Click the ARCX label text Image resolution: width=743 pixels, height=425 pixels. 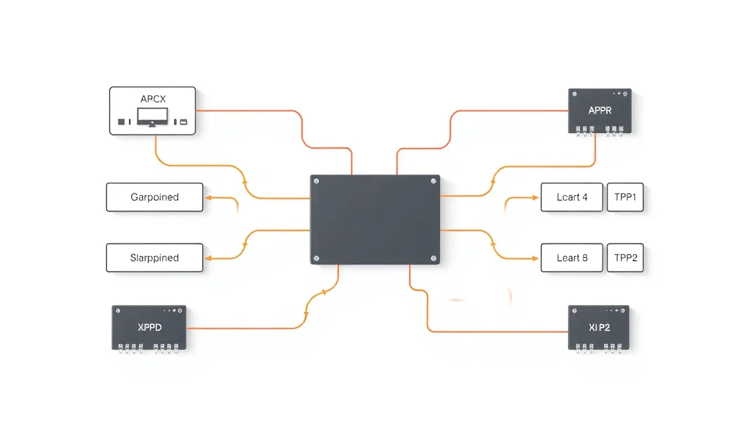153,99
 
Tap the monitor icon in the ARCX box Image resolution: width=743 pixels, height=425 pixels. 152,117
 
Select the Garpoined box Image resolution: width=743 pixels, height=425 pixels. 154,197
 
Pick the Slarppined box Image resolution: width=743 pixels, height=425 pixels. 154,258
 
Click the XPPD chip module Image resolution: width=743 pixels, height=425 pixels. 149,328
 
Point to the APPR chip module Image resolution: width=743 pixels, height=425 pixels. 600,110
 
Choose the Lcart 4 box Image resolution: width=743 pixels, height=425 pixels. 572,197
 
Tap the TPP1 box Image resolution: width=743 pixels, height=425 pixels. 625,197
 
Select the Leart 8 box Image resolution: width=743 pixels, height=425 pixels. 572,258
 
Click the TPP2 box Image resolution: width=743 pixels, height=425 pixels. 625,258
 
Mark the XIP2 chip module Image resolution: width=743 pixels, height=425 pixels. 599,327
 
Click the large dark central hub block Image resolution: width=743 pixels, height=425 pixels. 375,220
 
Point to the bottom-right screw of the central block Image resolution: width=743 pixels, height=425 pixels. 433,258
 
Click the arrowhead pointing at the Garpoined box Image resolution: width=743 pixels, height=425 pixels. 208,197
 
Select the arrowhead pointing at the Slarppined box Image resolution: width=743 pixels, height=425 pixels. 208,258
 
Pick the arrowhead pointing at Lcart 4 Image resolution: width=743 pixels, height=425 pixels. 535,197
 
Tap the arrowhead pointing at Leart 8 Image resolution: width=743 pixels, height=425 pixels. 535,258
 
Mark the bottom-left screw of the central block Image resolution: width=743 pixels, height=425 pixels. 316,258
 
